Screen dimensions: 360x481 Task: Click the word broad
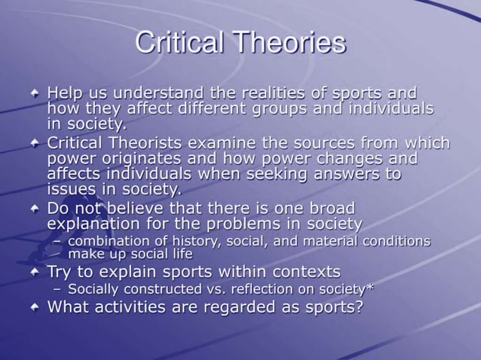tap(329, 208)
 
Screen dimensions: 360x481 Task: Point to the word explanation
tap(95, 224)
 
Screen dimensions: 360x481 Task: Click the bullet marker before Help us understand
tap(35, 94)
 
